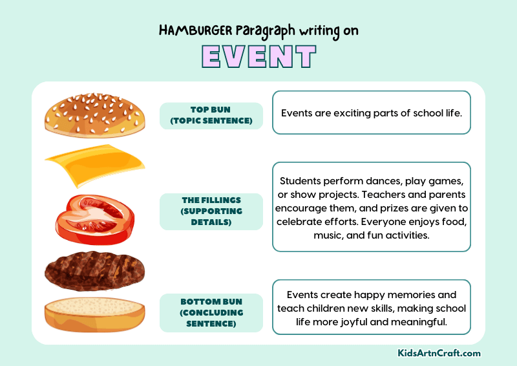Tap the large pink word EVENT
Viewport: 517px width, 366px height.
[x=258, y=58]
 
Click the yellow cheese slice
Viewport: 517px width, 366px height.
[x=94, y=165]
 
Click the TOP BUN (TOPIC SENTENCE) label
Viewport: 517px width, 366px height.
[x=211, y=115]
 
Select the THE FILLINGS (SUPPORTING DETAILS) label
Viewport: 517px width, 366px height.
[x=211, y=211]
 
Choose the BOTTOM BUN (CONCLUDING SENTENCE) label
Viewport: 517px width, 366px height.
[x=211, y=312]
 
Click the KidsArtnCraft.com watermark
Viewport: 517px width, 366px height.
[x=439, y=353]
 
